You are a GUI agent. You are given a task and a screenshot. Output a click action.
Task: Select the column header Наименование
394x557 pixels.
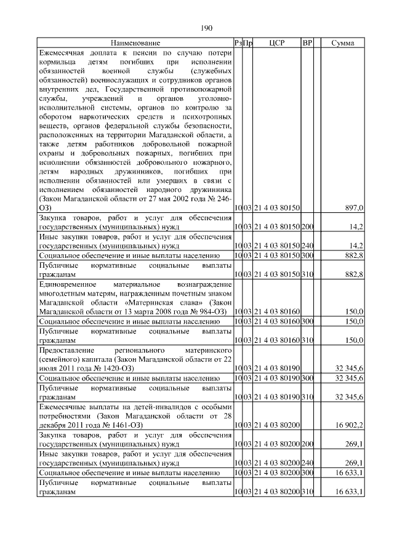click(x=135, y=43)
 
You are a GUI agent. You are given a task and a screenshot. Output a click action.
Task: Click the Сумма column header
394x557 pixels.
click(x=342, y=43)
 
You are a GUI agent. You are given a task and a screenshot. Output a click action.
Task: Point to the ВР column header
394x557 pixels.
click(x=308, y=43)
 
